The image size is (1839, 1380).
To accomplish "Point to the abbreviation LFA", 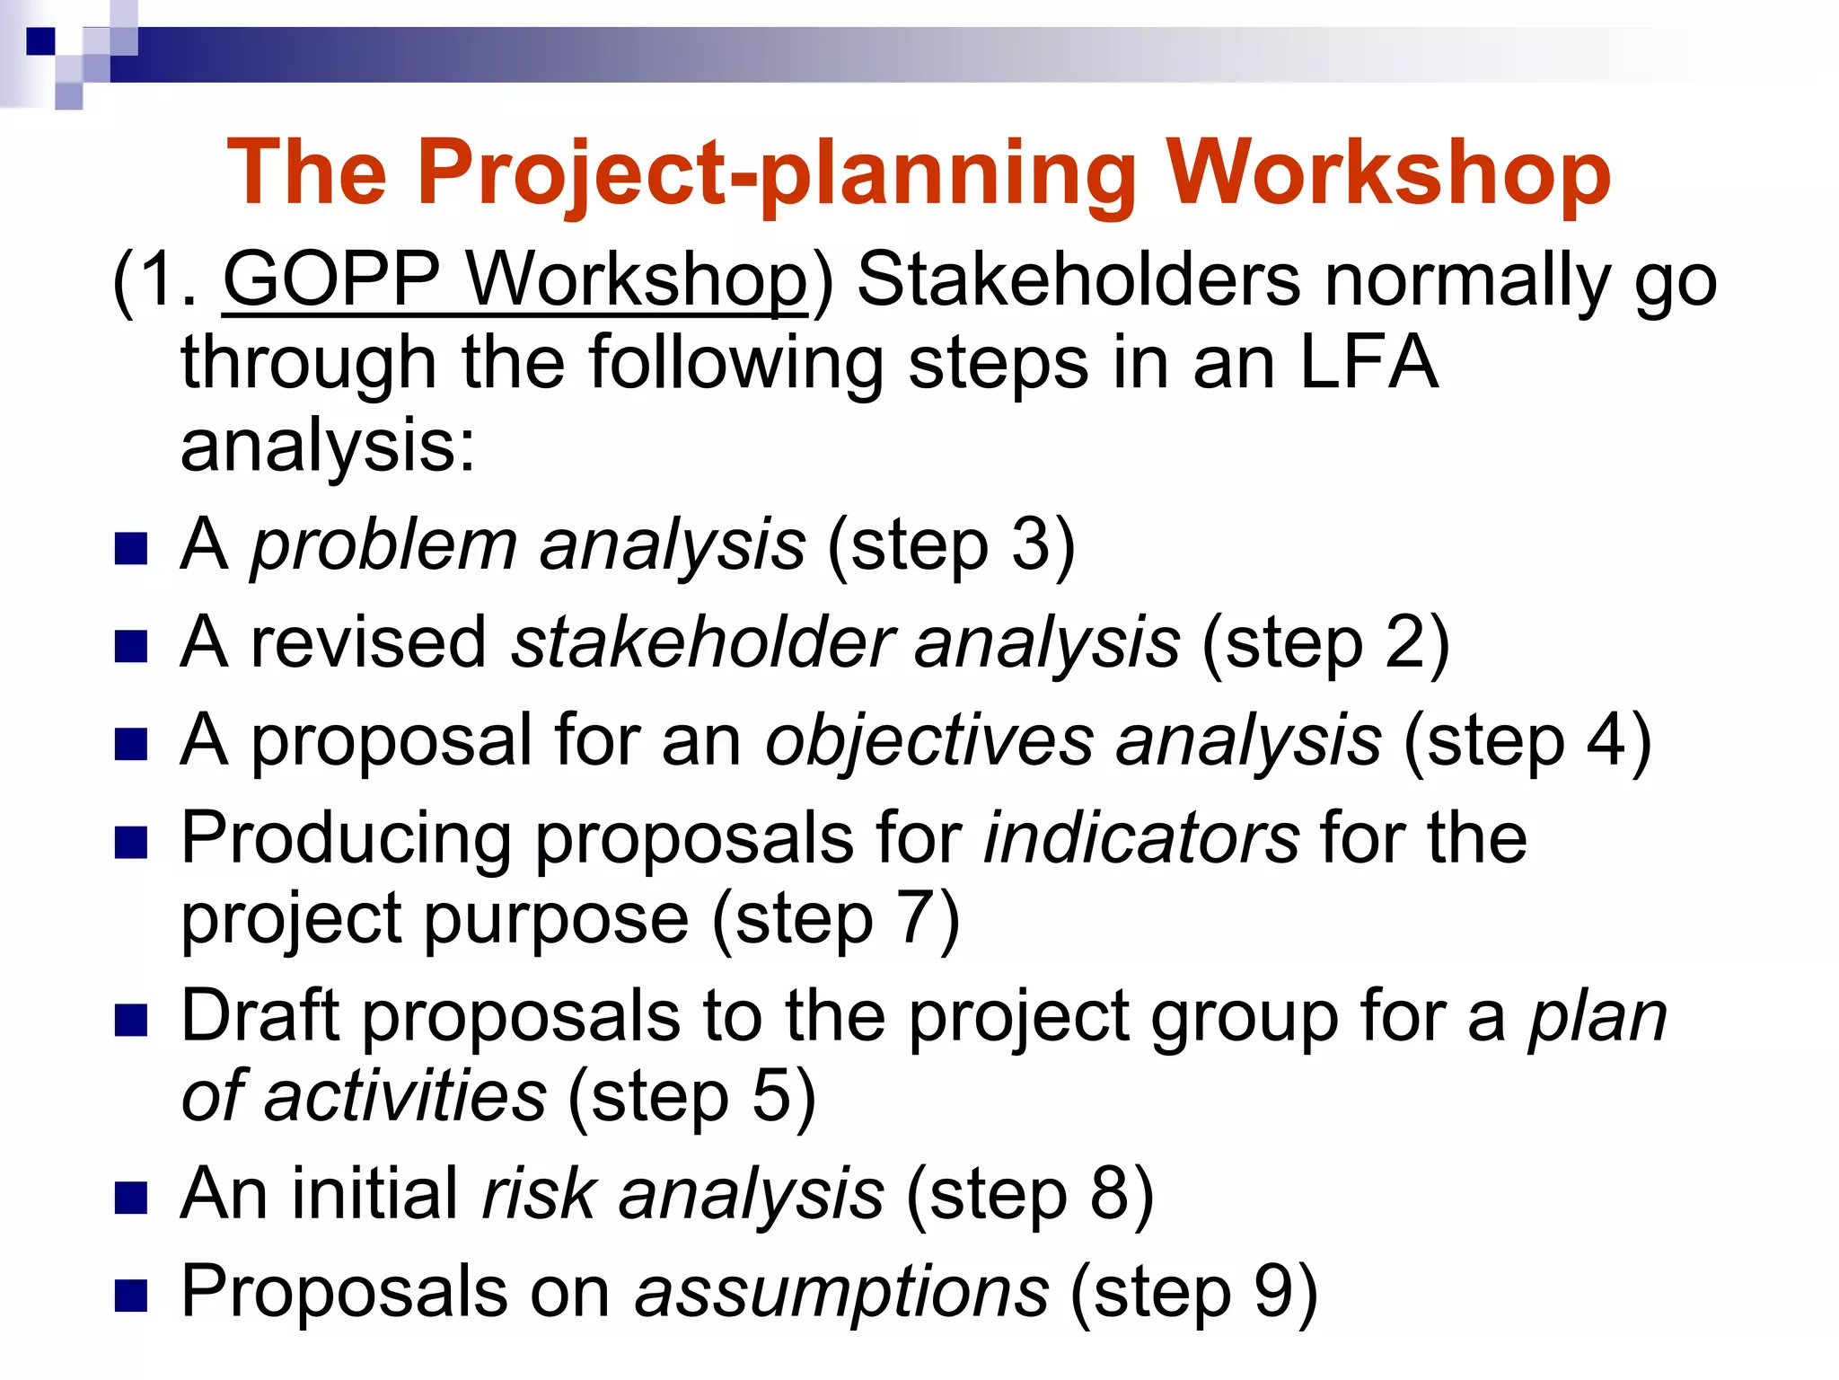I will pyautogui.click(x=1368, y=363).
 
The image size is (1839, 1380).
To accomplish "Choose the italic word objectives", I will pyautogui.click(x=929, y=740).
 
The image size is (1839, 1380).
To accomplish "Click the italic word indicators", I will pyautogui.click(x=1140, y=837).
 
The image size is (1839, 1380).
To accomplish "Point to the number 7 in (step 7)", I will pyautogui.click(x=916, y=918).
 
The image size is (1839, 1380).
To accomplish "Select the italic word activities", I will pyautogui.click(x=404, y=1096).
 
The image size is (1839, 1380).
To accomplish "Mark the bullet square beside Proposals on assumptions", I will pyautogui.click(x=131, y=1296).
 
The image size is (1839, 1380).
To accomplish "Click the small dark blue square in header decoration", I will pyautogui.click(x=40, y=41).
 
